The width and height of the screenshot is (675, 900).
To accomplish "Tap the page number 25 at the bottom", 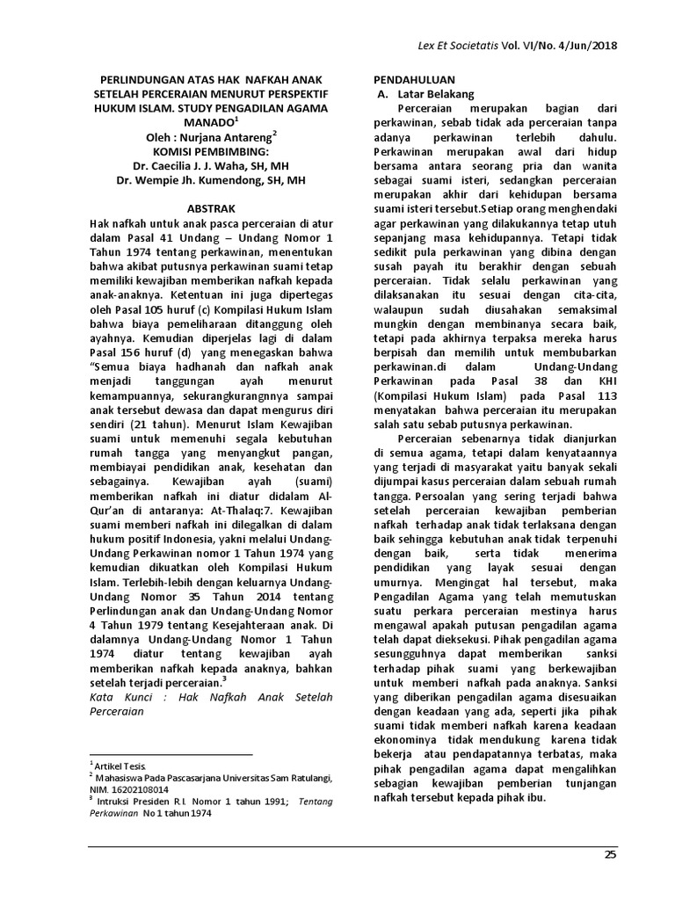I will [611, 855].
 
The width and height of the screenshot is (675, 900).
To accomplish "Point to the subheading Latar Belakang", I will [436, 93].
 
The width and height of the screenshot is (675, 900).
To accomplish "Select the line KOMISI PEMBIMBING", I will [212, 151].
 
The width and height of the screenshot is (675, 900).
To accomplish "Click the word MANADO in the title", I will [209, 122].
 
